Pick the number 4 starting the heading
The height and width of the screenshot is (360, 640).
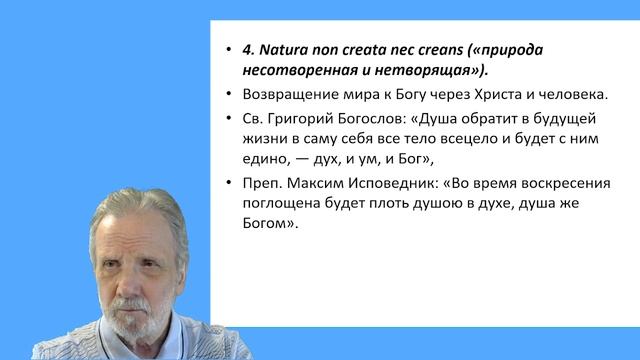coord(248,49)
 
